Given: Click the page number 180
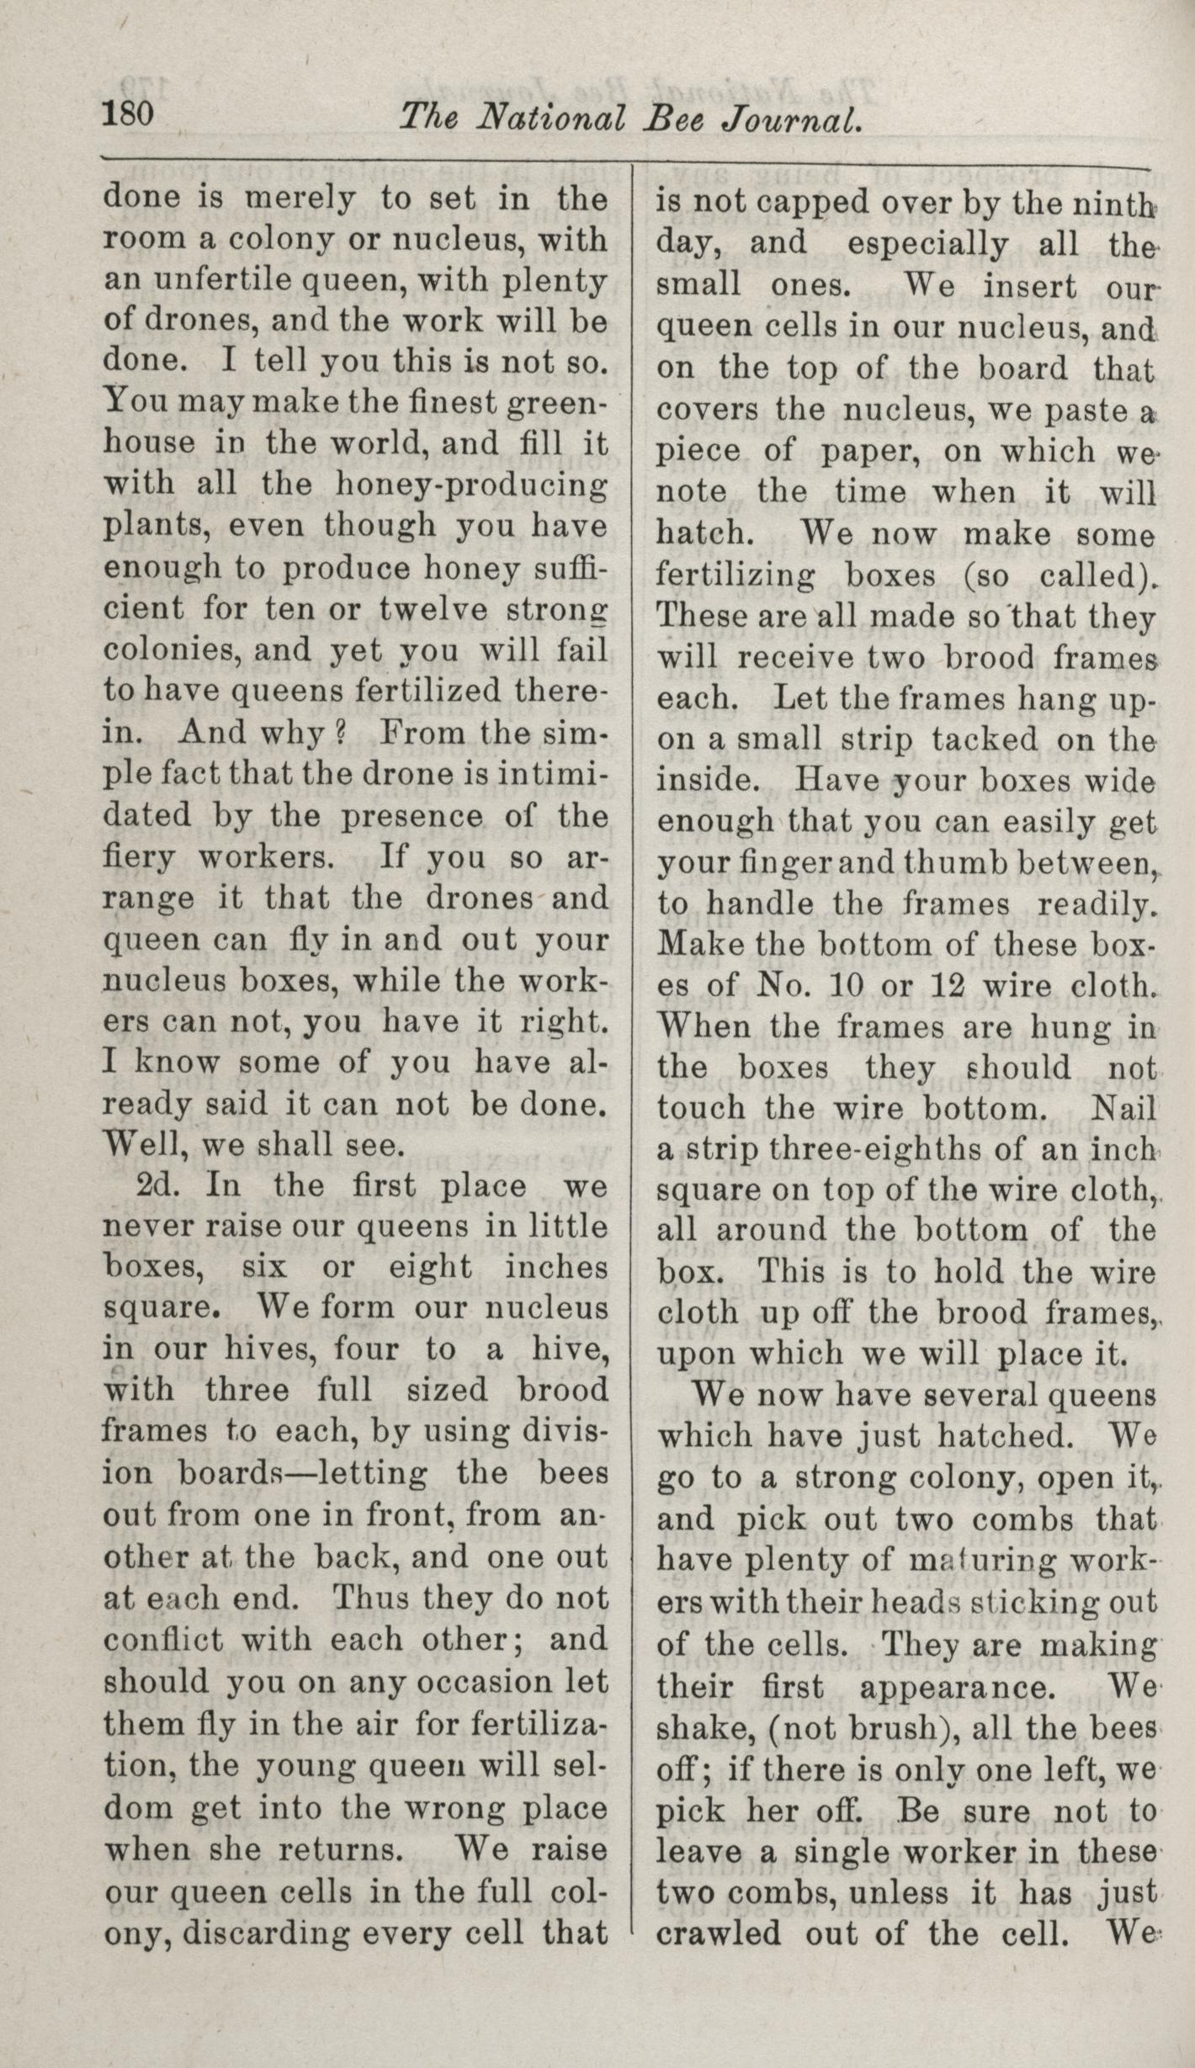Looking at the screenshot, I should coord(128,113).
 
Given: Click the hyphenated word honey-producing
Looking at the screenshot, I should coord(470,485).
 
